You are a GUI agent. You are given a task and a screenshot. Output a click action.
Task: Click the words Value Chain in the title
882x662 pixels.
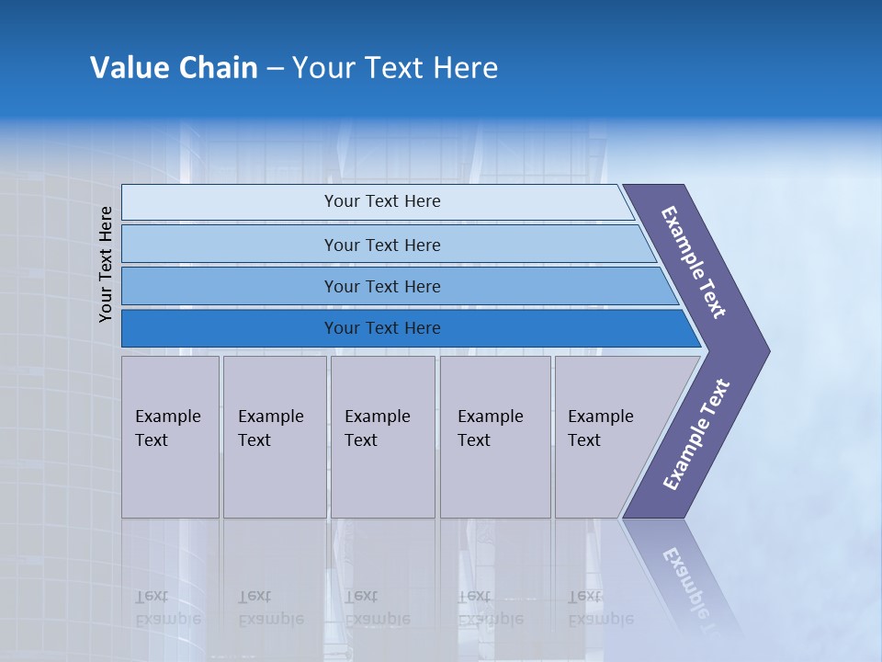click(x=174, y=68)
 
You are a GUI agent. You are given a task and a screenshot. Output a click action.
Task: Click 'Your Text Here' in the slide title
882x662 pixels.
click(x=395, y=68)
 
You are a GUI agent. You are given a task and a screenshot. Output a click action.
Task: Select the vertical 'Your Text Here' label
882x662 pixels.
click(x=106, y=264)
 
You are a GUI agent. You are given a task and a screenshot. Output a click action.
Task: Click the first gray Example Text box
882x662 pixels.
click(x=170, y=437)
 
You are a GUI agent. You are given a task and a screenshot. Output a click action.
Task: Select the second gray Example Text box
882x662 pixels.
click(x=275, y=437)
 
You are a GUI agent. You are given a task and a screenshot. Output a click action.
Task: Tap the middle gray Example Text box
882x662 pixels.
click(x=382, y=437)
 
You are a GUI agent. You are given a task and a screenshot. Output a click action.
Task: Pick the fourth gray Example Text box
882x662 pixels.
click(x=495, y=437)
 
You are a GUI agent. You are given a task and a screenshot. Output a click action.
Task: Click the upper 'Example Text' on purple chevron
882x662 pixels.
click(x=694, y=262)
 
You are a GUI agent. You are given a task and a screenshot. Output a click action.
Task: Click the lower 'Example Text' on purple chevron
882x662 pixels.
click(x=696, y=434)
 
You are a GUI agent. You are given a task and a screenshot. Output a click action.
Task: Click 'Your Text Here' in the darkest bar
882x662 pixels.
click(x=382, y=328)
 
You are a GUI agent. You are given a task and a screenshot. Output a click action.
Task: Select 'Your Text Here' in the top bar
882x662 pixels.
click(x=382, y=201)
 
